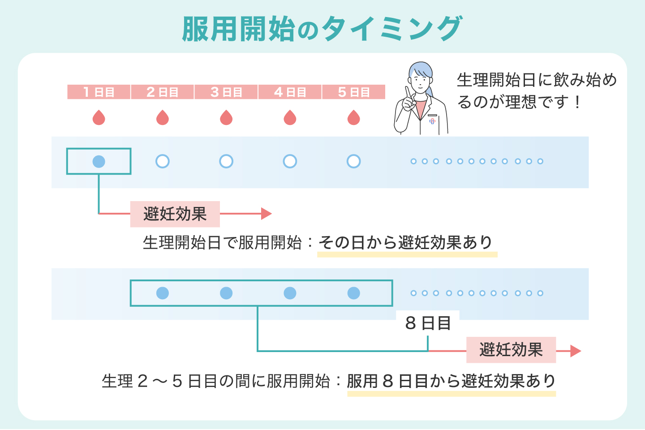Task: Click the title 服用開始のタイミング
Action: pyautogui.click(x=322, y=29)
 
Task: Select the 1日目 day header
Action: pyautogui.click(x=99, y=92)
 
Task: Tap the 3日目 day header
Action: pyautogui.click(x=226, y=92)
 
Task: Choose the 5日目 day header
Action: pyautogui.click(x=353, y=92)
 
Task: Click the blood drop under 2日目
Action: pyautogui.click(x=163, y=118)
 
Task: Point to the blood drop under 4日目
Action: pyautogui.click(x=290, y=118)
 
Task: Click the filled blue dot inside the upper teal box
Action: pyautogui.click(x=99, y=161)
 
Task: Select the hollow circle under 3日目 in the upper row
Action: pyautogui.click(x=226, y=161)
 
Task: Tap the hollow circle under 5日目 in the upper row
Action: pyautogui.click(x=354, y=161)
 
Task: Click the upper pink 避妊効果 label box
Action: pyautogui.click(x=175, y=214)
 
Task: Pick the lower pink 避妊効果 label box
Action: pyautogui.click(x=511, y=350)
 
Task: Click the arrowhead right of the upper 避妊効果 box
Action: pyautogui.click(x=267, y=214)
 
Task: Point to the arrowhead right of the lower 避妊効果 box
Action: pyautogui.click(x=576, y=351)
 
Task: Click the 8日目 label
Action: pyautogui.click(x=428, y=323)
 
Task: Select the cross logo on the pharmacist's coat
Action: pyautogui.click(x=432, y=121)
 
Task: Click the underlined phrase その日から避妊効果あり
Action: pyautogui.click(x=406, y=243)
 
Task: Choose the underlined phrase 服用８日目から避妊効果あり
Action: pyautogui.click(x=451, y=381)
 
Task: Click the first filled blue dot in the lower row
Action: pyautogui.click(x=163, y=293)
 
